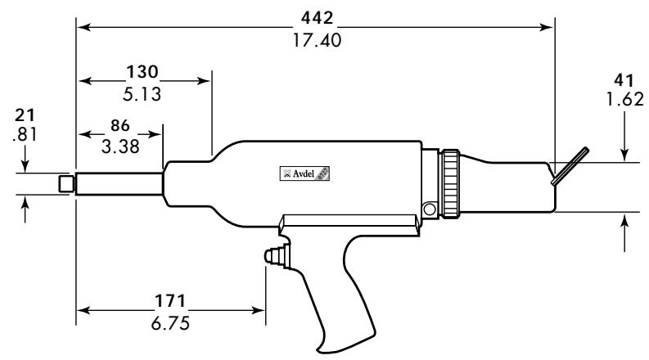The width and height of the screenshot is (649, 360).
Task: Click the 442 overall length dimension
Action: coord(316,17)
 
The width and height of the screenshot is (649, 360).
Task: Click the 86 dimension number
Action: coord(120,128)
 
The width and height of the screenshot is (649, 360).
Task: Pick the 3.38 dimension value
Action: coord(120,146)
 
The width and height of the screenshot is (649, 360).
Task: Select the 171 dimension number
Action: coord(171,301)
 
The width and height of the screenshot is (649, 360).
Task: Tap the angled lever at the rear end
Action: coord(570,166)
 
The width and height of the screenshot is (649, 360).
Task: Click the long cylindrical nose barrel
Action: coord(119,184)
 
